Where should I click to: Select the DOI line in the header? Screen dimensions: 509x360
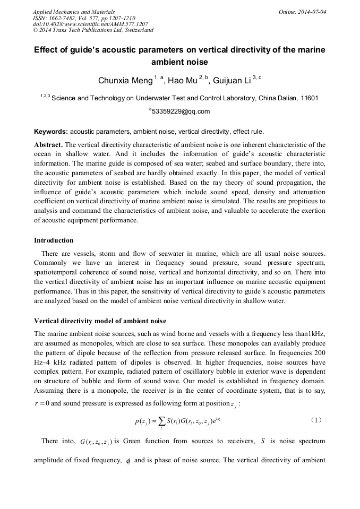pos(90,24)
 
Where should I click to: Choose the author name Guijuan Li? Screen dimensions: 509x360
pos(232,81)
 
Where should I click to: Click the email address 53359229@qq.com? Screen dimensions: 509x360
pos(181,111)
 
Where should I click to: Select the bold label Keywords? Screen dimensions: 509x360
pos(51,132)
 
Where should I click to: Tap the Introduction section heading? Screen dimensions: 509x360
pos(54,240)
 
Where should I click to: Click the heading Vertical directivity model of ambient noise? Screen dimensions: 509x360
pos(100,321)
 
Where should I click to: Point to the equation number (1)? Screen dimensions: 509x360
pos(315,420)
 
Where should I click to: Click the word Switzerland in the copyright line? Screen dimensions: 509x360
pos(136,30)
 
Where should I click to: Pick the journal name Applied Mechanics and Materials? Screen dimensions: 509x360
pos(74,12)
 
